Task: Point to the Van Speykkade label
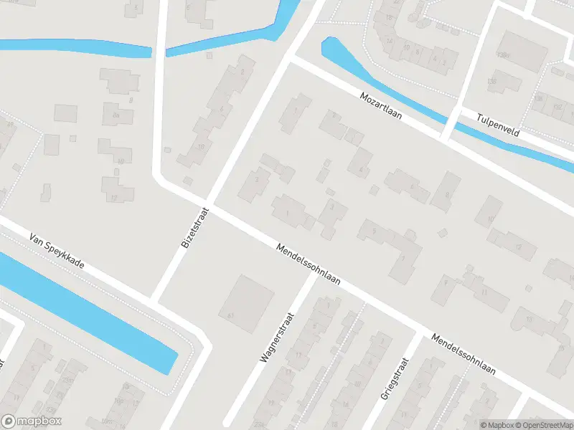57,251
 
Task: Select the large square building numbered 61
246,302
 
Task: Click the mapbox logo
32,421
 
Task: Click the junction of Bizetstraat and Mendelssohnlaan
210,205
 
